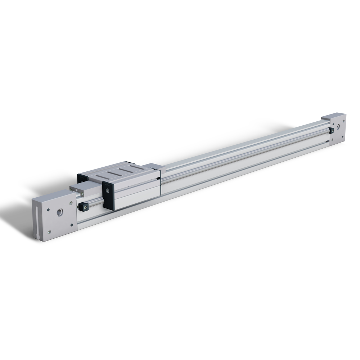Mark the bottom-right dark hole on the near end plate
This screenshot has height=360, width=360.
(x=72, y=226)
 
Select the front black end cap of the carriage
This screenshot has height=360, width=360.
(x=108, y=194)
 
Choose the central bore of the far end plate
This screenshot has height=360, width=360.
(x=338, y=127)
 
